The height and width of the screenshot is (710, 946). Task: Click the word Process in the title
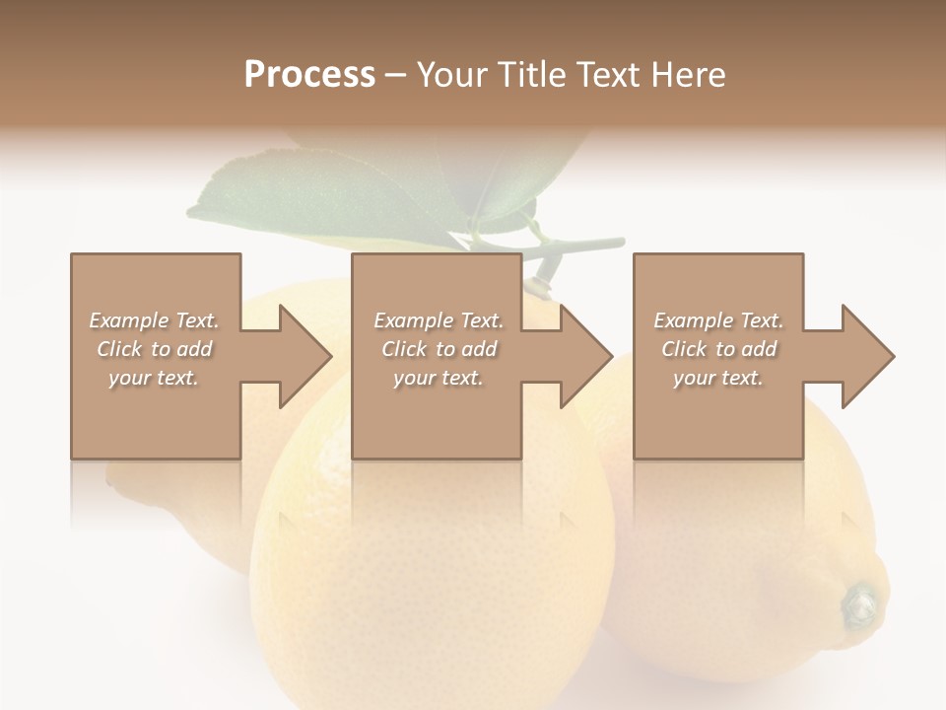[x=309, y=75]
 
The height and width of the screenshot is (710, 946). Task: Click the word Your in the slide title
[x=451, y=75]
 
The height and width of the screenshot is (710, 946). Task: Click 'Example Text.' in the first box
[x=154, y=320]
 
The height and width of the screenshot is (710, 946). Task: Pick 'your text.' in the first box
[x=154, y=378]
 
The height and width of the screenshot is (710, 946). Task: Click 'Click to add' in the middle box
[x=439, y=349]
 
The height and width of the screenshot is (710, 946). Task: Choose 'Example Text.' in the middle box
[x=439, y=320]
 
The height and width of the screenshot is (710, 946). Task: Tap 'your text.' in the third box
[x=718, y=378]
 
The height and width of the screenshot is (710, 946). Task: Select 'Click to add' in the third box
[x=718, y=349]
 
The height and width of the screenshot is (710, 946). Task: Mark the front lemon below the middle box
[x=434, y=582]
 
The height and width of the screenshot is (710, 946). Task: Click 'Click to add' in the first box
[x=154, y=349]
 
